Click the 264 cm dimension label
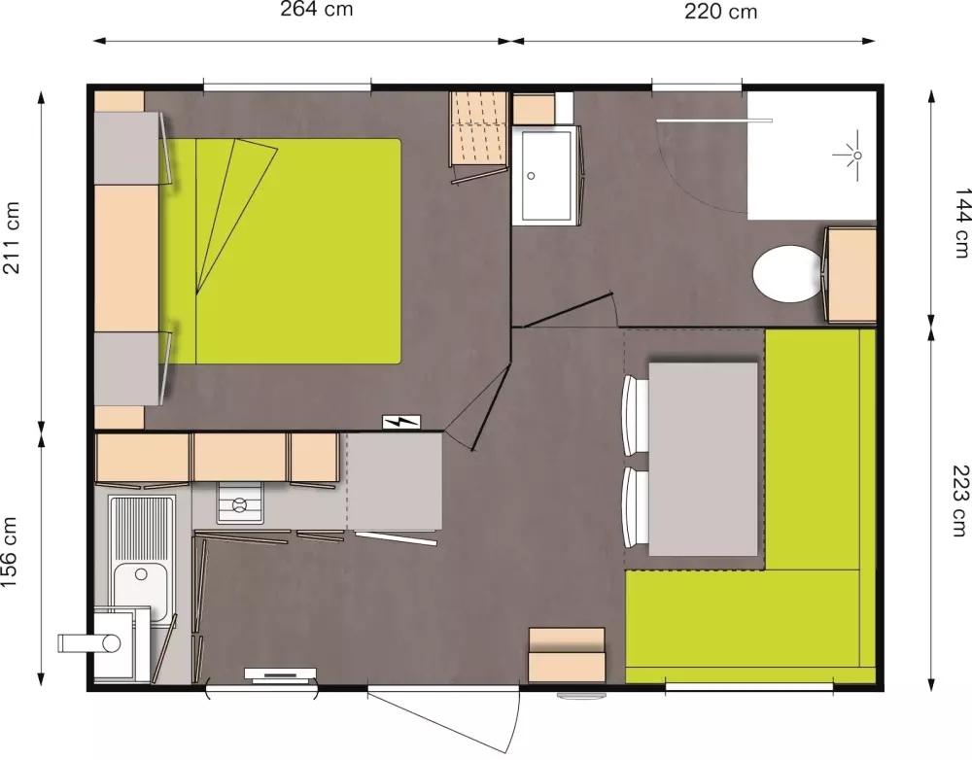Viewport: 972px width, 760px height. point(317,10)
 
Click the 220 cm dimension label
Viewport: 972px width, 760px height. point(721,11)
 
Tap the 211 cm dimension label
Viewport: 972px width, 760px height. point(12,237)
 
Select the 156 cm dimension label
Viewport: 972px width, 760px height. point(10,552)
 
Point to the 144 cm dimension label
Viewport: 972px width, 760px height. point(961,223)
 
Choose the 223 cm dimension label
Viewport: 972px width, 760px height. point(959,501)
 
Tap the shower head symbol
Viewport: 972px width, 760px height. point(850,155)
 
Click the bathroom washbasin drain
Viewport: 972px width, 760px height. point(531,176)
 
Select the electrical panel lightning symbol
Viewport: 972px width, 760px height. point(401,422)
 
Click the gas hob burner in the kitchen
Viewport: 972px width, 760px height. point(239,505)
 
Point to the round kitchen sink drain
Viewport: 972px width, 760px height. point(141,574)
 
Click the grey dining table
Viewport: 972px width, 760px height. point(703,460)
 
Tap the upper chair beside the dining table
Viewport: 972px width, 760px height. point(635,414)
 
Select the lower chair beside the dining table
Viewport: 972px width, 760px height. point(635,507)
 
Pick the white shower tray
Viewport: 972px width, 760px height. point(812,155)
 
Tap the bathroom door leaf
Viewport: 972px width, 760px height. point(568,310)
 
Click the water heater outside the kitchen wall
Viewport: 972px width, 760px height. point(89,642)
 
